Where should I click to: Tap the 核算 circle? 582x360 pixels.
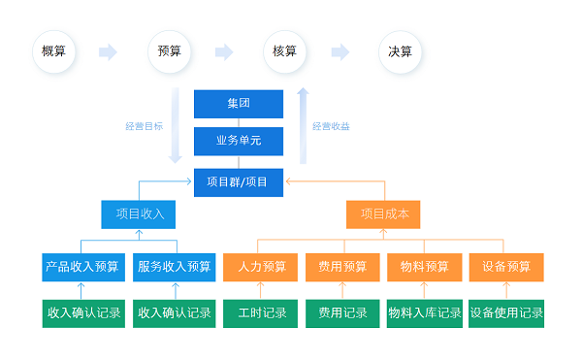click(284, 51)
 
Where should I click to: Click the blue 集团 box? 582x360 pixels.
click(239, 103)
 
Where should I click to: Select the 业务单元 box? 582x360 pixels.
click(239, 141)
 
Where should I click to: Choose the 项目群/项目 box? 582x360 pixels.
click(239, 180)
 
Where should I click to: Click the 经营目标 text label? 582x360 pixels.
click(144, 126)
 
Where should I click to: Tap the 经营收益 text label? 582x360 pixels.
click(332, 126)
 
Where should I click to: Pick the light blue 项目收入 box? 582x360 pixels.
click(140, 214)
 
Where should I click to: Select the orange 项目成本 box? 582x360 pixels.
click(384, 214)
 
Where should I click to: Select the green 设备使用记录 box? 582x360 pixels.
click(506, 313)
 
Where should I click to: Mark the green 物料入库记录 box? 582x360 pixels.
click(424, 313)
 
